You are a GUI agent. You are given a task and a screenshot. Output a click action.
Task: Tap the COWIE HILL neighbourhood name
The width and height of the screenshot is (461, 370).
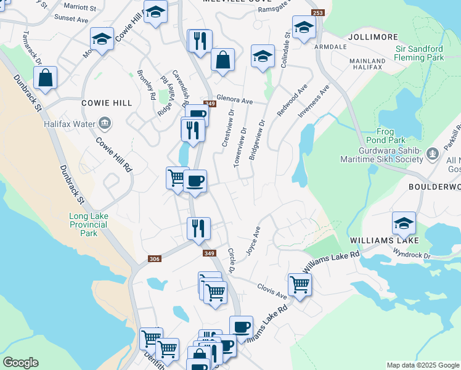click(x=107, y=103)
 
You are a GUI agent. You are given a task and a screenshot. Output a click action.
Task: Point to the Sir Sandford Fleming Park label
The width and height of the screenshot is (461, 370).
click(x=412, y=53)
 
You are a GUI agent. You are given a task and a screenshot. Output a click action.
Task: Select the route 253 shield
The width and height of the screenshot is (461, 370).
click(x=317, y=13)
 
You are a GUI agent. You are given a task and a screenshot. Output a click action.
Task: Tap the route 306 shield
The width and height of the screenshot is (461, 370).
click(x=155, y=259)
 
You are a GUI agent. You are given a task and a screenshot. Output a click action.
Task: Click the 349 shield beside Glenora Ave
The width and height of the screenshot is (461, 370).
click(x=210, y=104)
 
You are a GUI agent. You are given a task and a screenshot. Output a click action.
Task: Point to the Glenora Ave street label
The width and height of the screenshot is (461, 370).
click(x=235, y=101)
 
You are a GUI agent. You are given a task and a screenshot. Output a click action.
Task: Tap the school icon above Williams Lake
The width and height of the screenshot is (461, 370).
click(x=403, y=222)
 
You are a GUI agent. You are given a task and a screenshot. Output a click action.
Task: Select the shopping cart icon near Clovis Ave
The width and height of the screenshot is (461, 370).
click(x=299, y=284)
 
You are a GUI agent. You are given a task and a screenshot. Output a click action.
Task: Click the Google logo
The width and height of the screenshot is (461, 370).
click(x=20, y=363)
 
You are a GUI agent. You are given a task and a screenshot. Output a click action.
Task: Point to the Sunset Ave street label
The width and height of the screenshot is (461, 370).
click(x=71, y=19)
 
